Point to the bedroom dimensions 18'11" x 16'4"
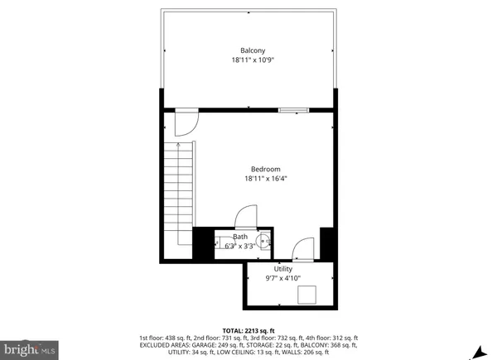pyautogui.click(x=266, y=179)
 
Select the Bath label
pyautogui.click(x=239, y=237)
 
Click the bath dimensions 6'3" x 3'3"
pyautogui.click(x=239, y=246)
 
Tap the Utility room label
pyautogui.click(x=283, y=269)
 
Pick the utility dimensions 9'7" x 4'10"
pyautogui.click(x=283, y=279)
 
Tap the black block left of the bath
pyautogui.click(x=203, y=242)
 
